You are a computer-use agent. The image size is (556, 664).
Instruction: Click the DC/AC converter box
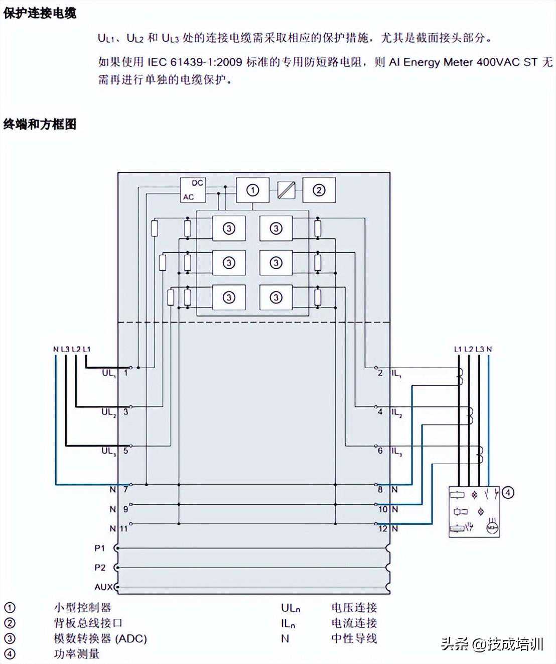tap(193, 190)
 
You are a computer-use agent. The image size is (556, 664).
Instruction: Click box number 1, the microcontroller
tap(252, 190)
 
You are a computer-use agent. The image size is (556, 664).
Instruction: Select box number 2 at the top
tap(319, 190)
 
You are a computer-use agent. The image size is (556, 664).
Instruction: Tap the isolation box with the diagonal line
tap(286, 190)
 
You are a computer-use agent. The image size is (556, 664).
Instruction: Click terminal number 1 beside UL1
tap(125, 373)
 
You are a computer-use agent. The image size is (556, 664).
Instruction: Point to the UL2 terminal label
tap(108, 412)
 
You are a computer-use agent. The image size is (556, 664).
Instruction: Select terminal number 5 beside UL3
tap(125, 451)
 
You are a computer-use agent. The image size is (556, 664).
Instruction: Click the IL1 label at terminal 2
tap(396, 373)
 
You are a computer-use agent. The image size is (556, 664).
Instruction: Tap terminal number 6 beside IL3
tap(380, 451)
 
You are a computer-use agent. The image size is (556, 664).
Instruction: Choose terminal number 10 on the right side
tap(383, 509)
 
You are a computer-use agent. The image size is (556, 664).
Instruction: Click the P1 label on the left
tap(100, 548)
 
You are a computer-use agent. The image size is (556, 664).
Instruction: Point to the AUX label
tap(103, 587)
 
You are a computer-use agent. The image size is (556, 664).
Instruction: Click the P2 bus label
tap(100, 567)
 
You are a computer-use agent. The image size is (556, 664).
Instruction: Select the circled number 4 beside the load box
tap(508, 492)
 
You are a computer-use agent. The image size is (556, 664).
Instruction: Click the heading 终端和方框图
tap(40, 124)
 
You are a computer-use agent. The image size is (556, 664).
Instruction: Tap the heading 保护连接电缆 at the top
tap(40, 13)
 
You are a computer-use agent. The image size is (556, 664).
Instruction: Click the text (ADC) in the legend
tap(131, 638)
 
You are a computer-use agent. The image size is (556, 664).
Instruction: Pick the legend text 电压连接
tap(354, 608)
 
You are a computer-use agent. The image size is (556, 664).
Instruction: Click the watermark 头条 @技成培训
tap(492, 644)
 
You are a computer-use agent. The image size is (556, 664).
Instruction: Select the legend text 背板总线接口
tap(88, 623)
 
